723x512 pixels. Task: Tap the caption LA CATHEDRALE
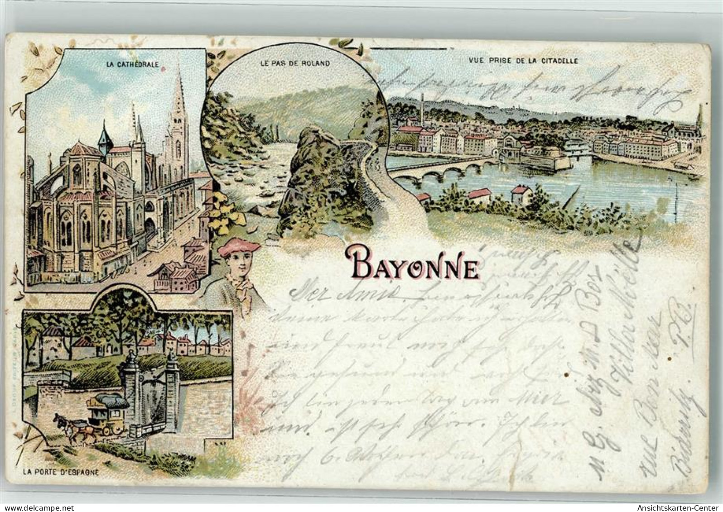[x=132, y=64]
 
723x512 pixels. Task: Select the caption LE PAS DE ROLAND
[x=294, y=63]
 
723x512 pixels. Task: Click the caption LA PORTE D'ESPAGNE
[x=61, y=474]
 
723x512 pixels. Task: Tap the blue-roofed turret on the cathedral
[x=105, y=137]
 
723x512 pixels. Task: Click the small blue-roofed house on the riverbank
[x=520, y=194]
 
